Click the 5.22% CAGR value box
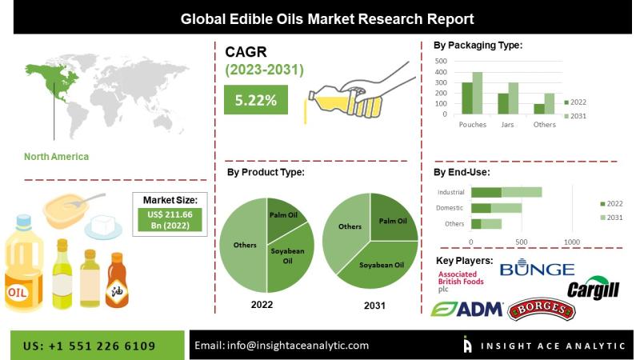(x=255, y=101)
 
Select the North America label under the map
(x=56, y=156)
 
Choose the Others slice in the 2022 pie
(x=242, y=244)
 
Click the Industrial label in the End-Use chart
(x=450, y=192)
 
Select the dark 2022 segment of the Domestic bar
(x=481, y=208)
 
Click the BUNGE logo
(x=537, y=270)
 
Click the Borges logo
(x=542, y=309)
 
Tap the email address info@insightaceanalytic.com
(x=282, y=346)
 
